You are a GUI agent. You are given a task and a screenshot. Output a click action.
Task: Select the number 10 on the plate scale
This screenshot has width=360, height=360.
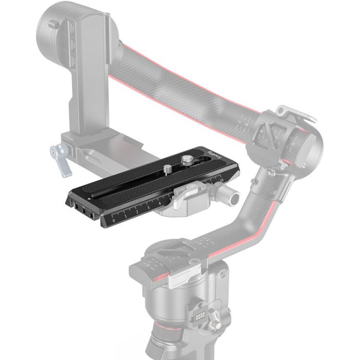tap(222, 180)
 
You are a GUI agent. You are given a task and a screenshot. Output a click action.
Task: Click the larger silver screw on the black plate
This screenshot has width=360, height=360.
tap(184, 155)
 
